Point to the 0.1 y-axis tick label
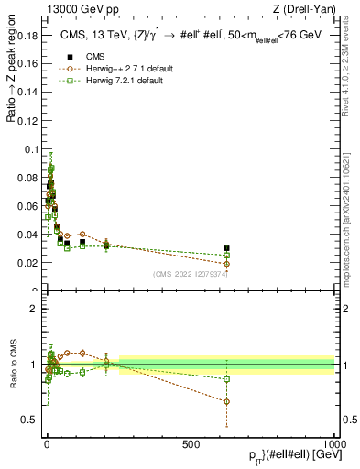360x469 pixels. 30,148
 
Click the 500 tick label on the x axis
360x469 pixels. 191,442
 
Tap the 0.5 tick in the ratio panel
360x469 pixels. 30,420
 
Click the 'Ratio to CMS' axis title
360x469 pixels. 12,365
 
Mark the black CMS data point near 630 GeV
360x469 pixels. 227,248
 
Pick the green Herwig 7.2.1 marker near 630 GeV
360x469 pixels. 227,255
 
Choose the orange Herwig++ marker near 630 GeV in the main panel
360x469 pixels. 227,264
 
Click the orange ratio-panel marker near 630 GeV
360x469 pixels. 227,401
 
